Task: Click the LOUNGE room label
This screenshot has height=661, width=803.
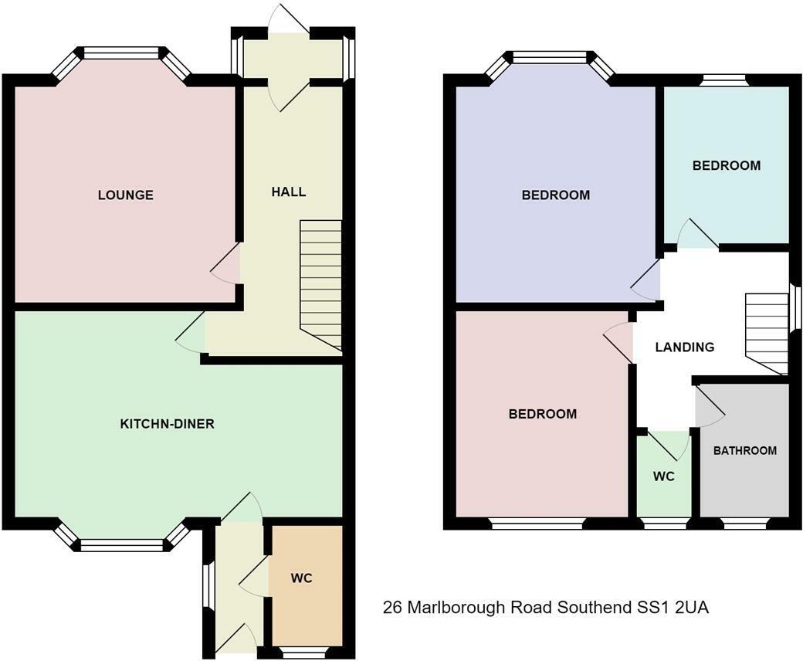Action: pos(125,195)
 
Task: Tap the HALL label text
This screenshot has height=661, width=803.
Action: pos(288,192)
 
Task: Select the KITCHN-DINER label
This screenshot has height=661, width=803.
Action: pos(167,424)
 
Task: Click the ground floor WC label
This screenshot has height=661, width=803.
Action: pos(302,578)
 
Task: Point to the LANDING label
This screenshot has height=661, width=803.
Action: pos(684,347)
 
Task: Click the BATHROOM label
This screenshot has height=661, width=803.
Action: pos(744,450)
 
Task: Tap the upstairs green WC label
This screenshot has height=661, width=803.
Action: pos(663,476)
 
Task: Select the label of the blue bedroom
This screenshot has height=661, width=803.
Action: pos(555,195)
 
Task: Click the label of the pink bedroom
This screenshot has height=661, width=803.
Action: pos(542,414)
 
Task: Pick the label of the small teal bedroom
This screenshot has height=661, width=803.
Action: pos(726,165)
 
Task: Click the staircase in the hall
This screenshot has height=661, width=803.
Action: pos(320,282)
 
